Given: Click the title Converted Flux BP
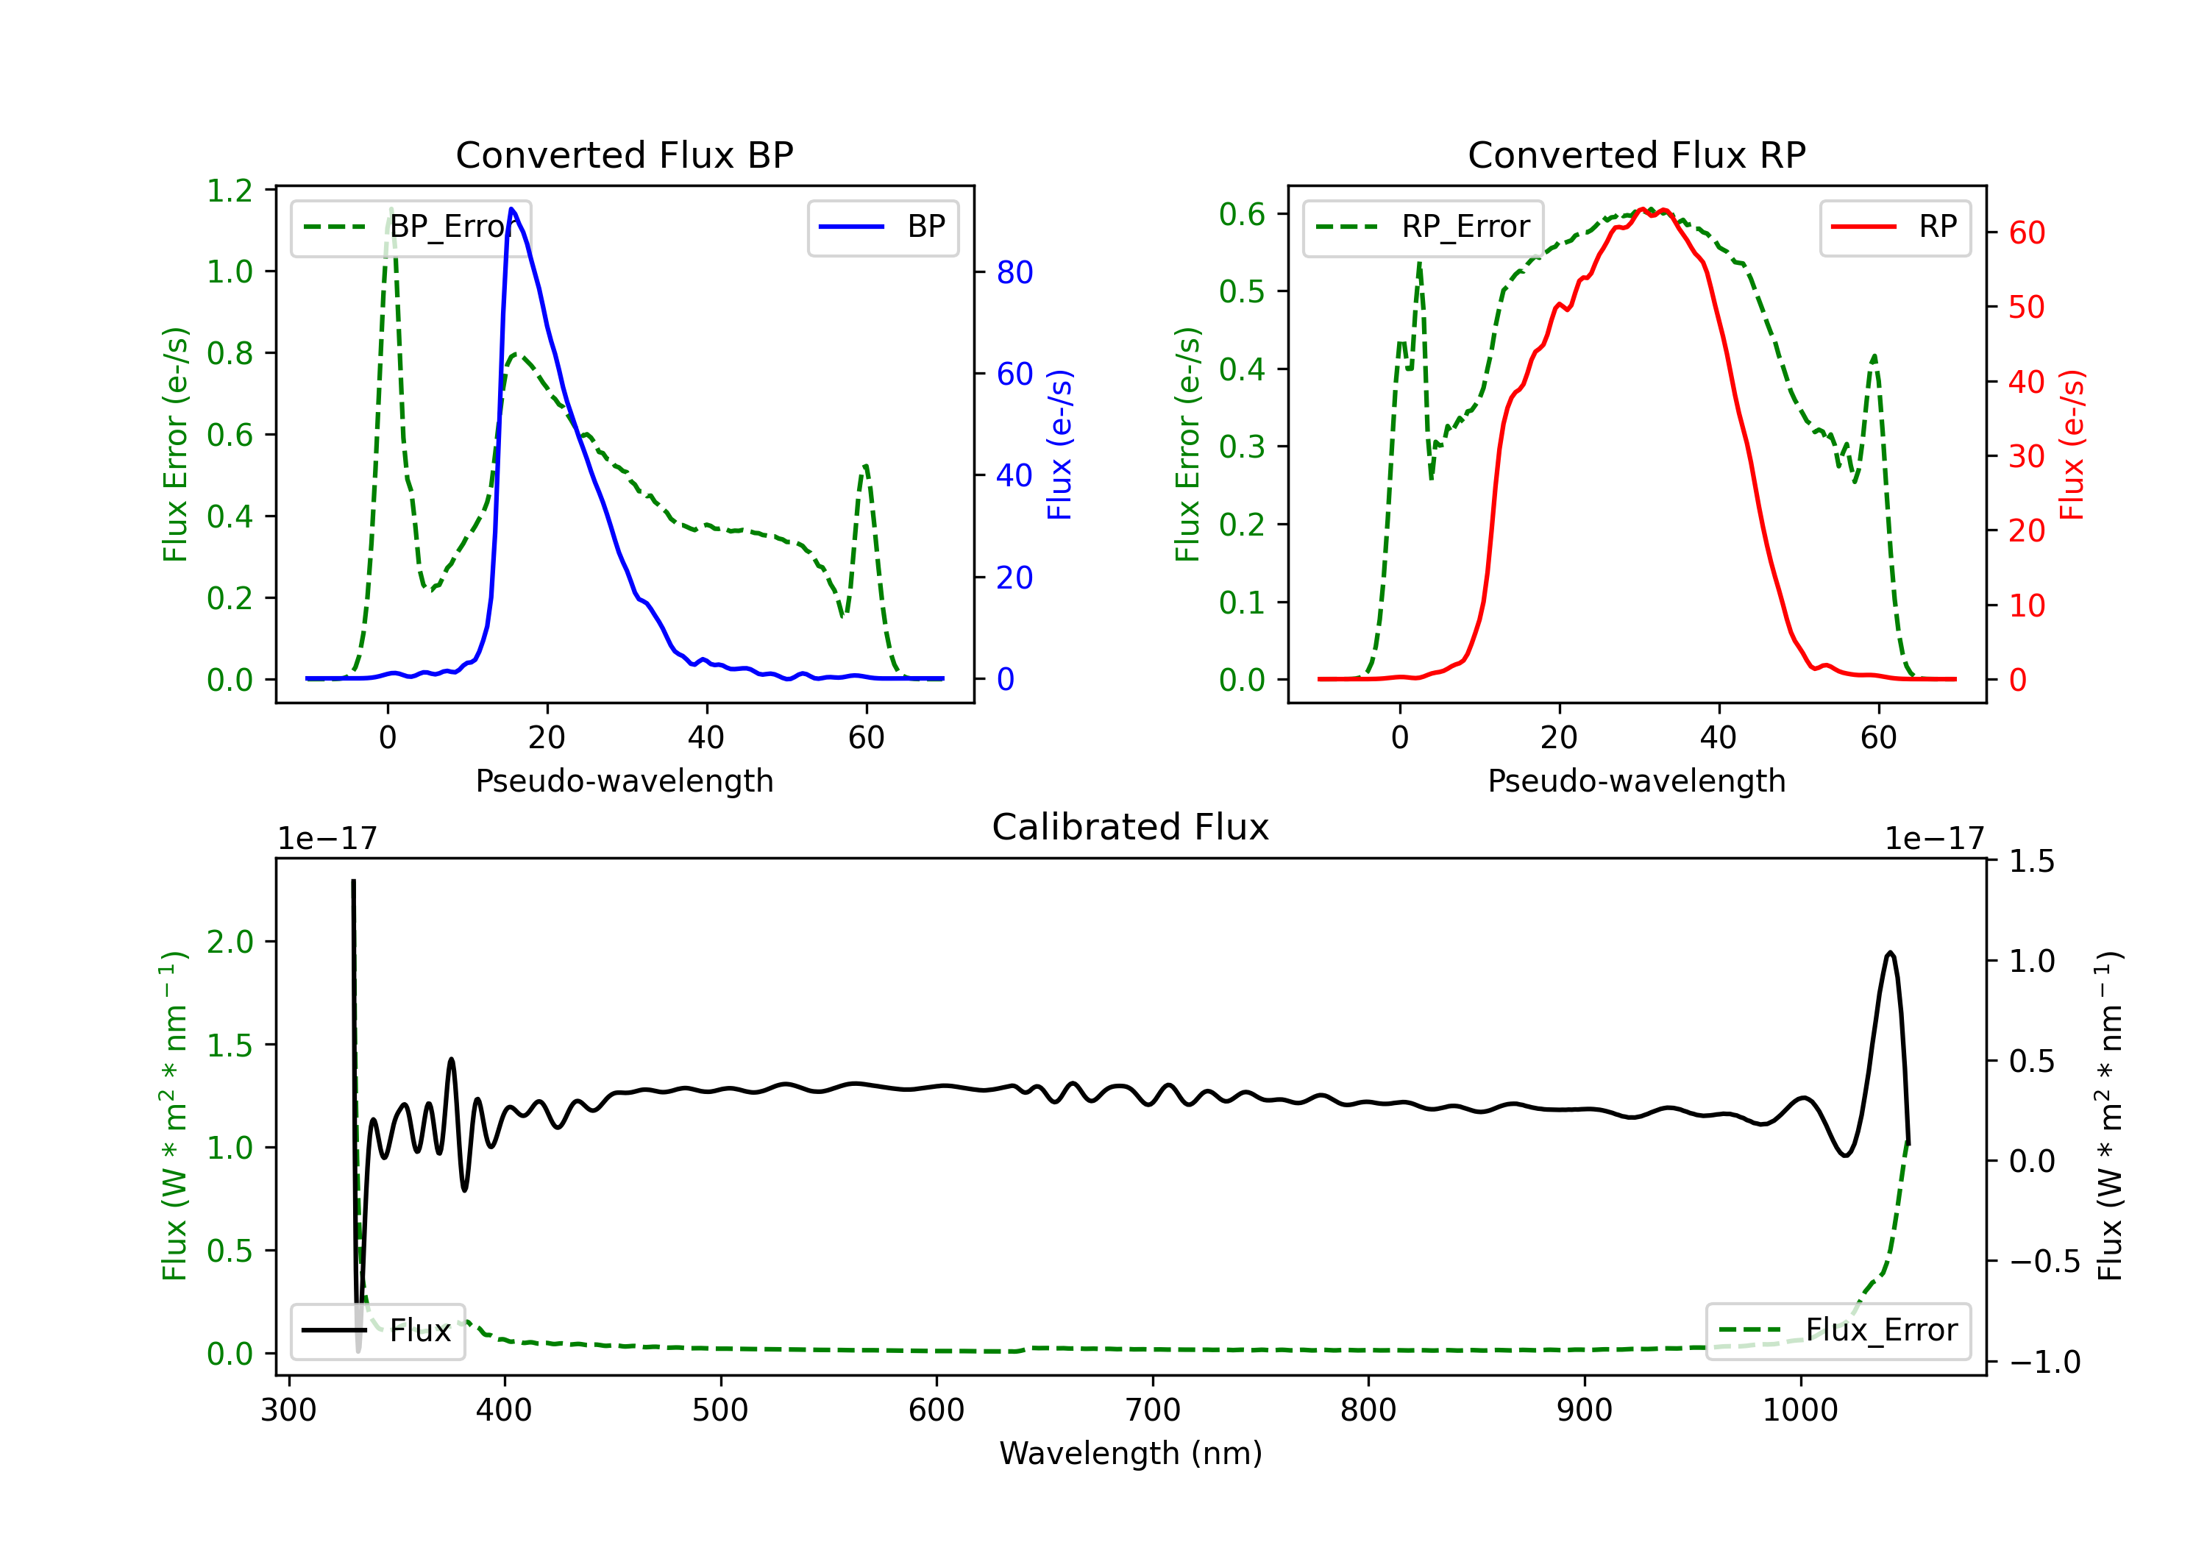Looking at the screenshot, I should tap(624, 154).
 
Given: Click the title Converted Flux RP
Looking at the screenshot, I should tap(1636, 154).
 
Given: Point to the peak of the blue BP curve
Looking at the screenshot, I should tap(511, 209).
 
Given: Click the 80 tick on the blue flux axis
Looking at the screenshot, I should tap(1014, 272).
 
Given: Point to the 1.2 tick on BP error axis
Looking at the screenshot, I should tap(230, 191).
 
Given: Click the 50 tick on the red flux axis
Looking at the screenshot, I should tap(2026, 308).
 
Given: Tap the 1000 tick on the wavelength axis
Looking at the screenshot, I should tap(1799, 1410).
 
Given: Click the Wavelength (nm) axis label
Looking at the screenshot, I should tap(1131, 1453).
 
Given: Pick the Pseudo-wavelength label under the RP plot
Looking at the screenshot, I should tap(1636, 781).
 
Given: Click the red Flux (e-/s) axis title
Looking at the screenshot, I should tap(2072, 444).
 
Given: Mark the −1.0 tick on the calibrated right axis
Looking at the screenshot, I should tap(2044, 1363).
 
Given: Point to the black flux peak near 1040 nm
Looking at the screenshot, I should tap(1890, 953).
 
